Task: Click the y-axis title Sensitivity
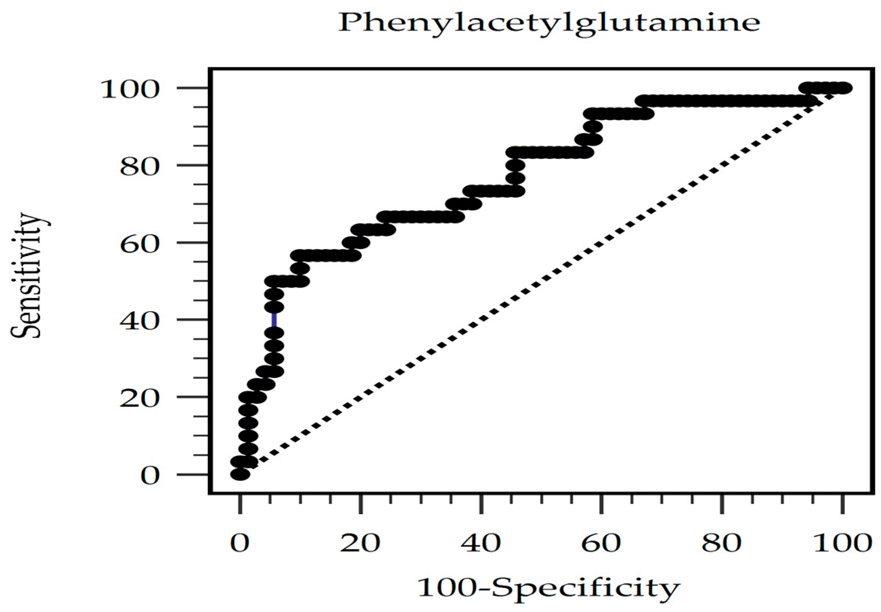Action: click(x=26, y=275)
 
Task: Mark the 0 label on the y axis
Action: click(x=150, y=476)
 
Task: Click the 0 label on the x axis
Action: click(x=240, y=543)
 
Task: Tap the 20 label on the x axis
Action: click(x=360, y=543)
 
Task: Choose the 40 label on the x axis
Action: click(x=481, y=543)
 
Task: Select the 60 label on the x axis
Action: click(x=601, y=543)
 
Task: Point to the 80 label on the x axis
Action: click(x=721, y=543)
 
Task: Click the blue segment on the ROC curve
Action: click(x=274, y=320)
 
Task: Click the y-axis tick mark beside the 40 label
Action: click(x=192, y=320)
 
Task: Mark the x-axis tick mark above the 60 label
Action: click(x=601, y=504)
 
